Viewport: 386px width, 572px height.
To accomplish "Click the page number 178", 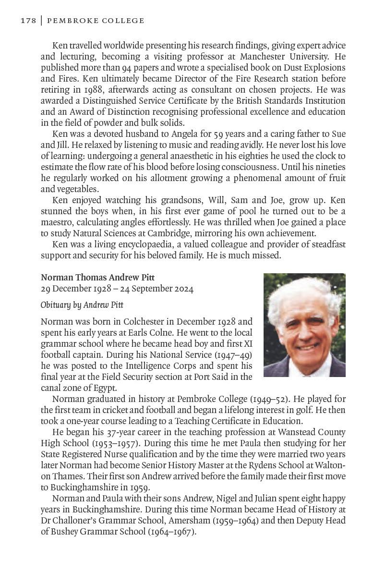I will pyautogui.click(x=28, y=21).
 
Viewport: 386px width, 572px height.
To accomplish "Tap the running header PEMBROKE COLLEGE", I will pyautogui.click(x=95, y=21).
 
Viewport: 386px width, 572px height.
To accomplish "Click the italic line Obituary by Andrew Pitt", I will pyautogui.click(x=82, y=304).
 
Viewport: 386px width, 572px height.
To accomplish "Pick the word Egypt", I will pyautogui.click(x=105, y=388).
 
